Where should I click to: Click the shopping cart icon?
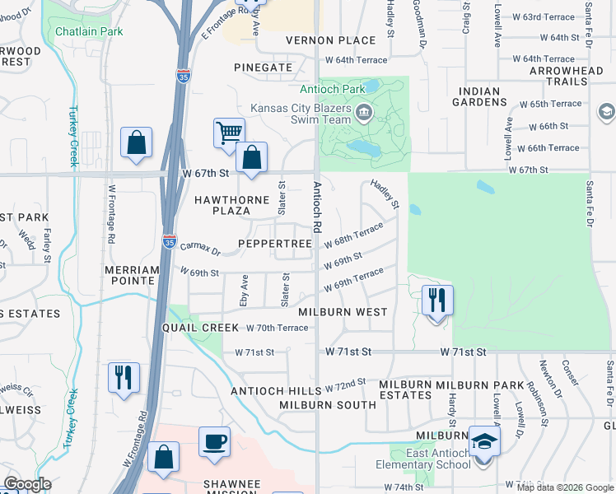pos(228,132)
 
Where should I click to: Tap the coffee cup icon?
pos(214,441)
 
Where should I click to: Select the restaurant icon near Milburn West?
pos(436,299)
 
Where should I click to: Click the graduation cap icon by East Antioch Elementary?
pos(484,441)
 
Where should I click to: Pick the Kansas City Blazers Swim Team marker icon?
pos(363,110)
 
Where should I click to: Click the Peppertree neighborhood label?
pos(275,245)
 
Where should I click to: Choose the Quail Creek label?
pos(194,326)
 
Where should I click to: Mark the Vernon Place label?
pos(319,40)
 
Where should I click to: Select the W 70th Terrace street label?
pos(278,328)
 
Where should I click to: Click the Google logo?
pos(27,484)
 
